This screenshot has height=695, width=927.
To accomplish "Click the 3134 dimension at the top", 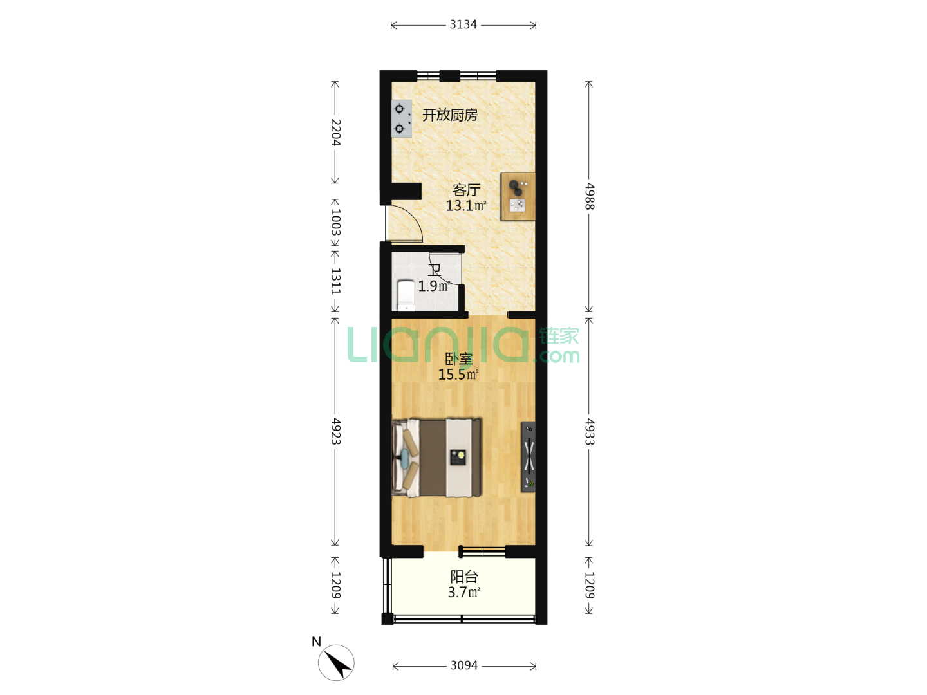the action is click(x=463, y=24).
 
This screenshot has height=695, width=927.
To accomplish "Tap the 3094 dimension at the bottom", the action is click(x=464, y=665).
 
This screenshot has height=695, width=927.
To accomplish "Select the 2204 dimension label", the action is click(x=335, y=132).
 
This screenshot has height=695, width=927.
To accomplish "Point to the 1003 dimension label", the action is click(x=335, y=223).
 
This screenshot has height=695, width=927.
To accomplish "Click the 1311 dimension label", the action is click(x=335, y=281).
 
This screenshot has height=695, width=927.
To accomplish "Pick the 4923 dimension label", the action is click(x=335, y=431).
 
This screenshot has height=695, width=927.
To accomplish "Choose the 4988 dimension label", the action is click(x=589, y=196).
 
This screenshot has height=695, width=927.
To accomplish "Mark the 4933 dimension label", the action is click(x=589, y=431).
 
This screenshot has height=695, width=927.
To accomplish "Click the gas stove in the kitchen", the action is click(x=402, y=118).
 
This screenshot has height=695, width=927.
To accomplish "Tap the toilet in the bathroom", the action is click(x=406, y=295).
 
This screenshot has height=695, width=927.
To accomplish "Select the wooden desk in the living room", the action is click(x=518, y=196).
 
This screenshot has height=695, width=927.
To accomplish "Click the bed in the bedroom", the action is click(x=436, y=458).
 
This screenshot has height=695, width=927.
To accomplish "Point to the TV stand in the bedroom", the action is click(x=528, y=457).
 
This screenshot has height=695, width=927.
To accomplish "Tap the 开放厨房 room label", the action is click(x=450, y=115).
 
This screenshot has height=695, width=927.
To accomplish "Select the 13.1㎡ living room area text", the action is click(x=466, y=206).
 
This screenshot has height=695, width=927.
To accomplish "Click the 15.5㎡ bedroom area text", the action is click(x=458, y=374).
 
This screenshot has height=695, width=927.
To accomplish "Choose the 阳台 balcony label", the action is click(x=464, y=577).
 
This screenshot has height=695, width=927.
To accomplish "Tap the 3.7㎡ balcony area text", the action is click(x=464, y=592).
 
